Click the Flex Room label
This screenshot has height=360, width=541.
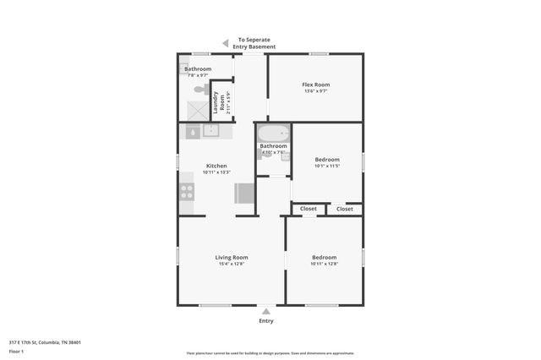coord(315,85)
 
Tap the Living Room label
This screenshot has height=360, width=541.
coord(230,257)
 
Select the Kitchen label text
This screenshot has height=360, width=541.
coord(216,166)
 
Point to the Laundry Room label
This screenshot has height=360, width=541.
coord(216,101)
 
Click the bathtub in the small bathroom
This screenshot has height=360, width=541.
coord(273,134)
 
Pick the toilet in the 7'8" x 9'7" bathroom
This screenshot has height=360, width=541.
coord(201,88)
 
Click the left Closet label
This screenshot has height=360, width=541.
coord(309,209)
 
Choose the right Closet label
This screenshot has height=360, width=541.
coord(345,209)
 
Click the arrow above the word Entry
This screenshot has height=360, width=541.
coord(266,312)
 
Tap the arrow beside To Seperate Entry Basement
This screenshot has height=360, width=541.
coord(225,42)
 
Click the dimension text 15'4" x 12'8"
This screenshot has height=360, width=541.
coord(230,265)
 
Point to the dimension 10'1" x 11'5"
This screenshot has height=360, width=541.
coord(326,166)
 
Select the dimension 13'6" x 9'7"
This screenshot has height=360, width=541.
coord(315,91)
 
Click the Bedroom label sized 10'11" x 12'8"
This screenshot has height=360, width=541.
coord(324,257)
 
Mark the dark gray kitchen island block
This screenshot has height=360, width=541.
coord(244,194)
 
